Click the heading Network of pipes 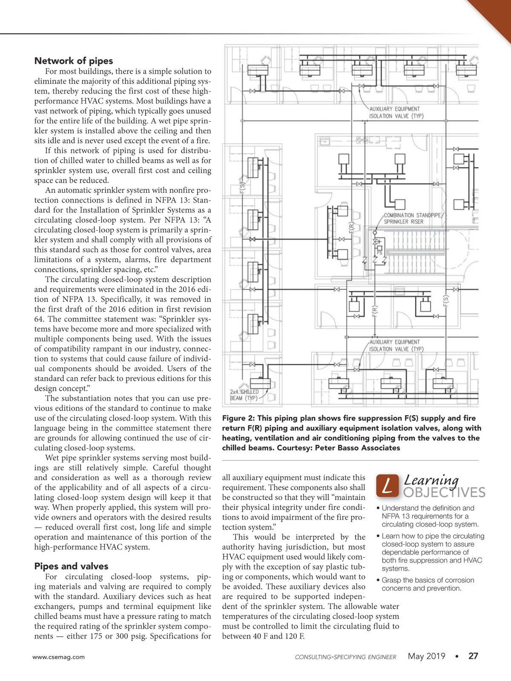point(74,61)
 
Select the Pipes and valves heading point(71,567)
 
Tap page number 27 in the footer point(473,656)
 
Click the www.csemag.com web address point(58,657)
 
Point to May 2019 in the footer point(426,656)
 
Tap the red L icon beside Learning point(388,486)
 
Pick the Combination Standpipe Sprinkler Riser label point(412,218)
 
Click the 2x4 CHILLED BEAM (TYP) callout point(244,395)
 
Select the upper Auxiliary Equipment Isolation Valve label point(396,112)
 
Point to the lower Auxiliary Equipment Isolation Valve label point(396,346)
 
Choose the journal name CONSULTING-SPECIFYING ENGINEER point(345,657)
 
